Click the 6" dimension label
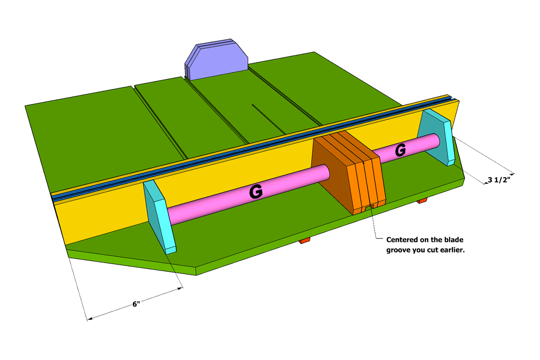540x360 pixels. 136,304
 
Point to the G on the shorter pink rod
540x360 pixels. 400,151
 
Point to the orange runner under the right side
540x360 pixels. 422,201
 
